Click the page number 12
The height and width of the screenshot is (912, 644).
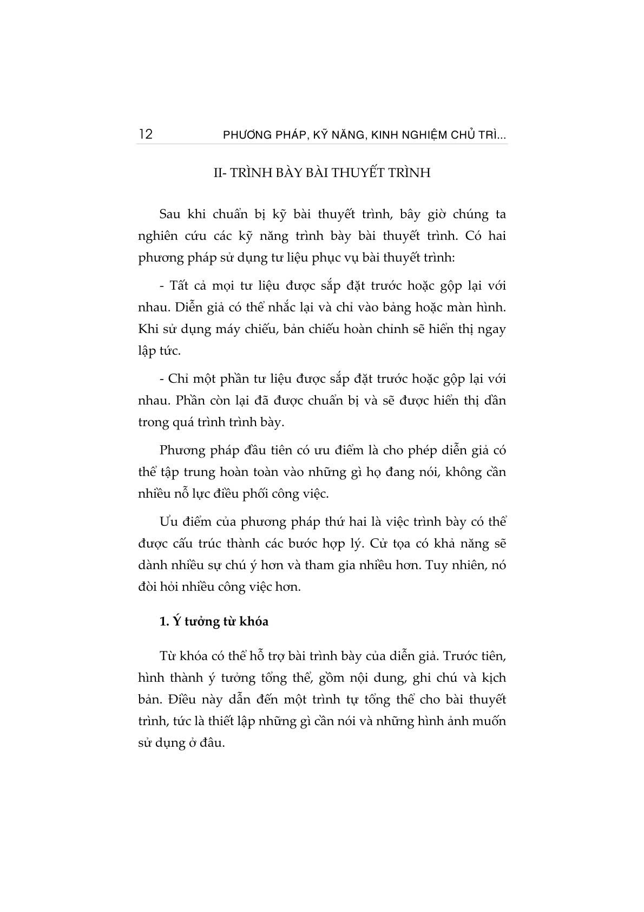tap(146, 134)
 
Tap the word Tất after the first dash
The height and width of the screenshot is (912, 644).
tap(180, 285)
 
